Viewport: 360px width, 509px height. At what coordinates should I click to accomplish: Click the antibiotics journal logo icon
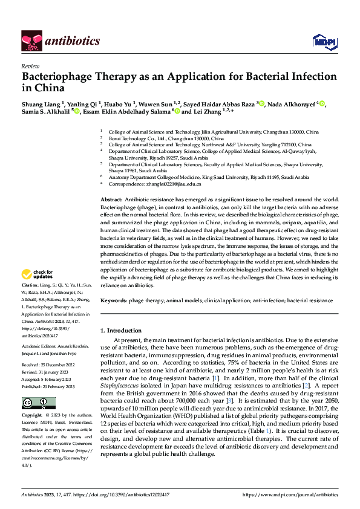31,41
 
